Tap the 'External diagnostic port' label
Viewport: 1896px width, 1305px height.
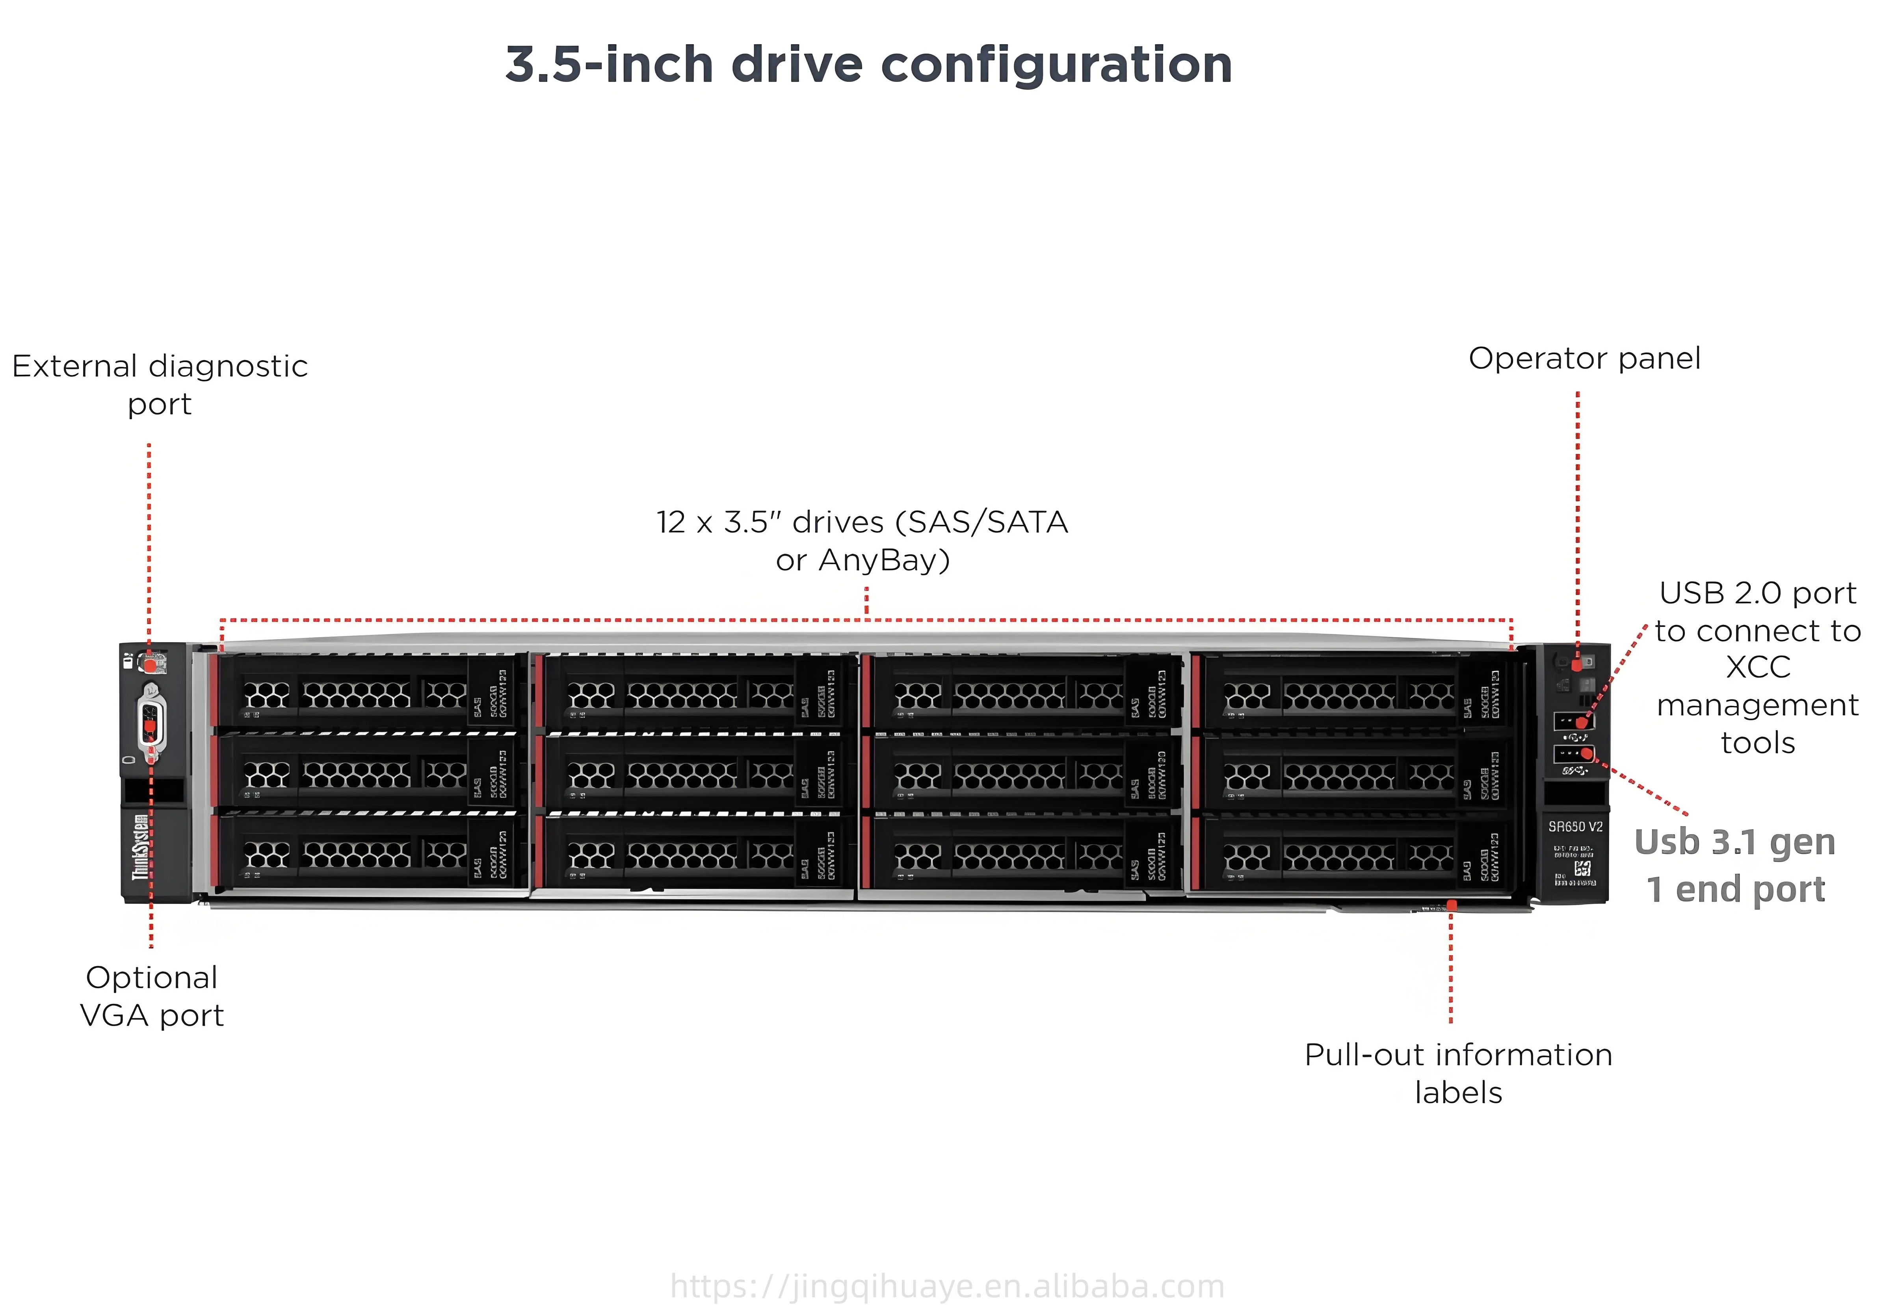click(160, 384)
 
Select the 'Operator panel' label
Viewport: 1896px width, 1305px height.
click(1584, 358)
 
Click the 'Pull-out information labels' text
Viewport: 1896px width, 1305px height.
click(1458, 1073)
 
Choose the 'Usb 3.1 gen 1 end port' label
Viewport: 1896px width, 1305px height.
click(1735, 865)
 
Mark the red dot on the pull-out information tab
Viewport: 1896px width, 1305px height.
click(1451, 904)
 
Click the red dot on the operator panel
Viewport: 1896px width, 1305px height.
click(1577, 666)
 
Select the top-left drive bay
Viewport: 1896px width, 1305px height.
click(368, 691)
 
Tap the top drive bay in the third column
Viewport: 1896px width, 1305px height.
click(1022, 691)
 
